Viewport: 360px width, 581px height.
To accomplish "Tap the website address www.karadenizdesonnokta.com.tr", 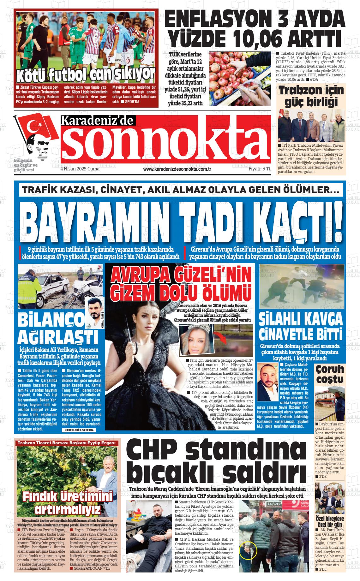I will pos(177,169).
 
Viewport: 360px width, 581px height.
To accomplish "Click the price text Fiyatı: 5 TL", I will pos(260,169).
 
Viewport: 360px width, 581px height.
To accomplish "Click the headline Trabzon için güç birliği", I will pos(311,96).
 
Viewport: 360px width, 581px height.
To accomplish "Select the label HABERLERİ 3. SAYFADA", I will pos(78,430).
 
